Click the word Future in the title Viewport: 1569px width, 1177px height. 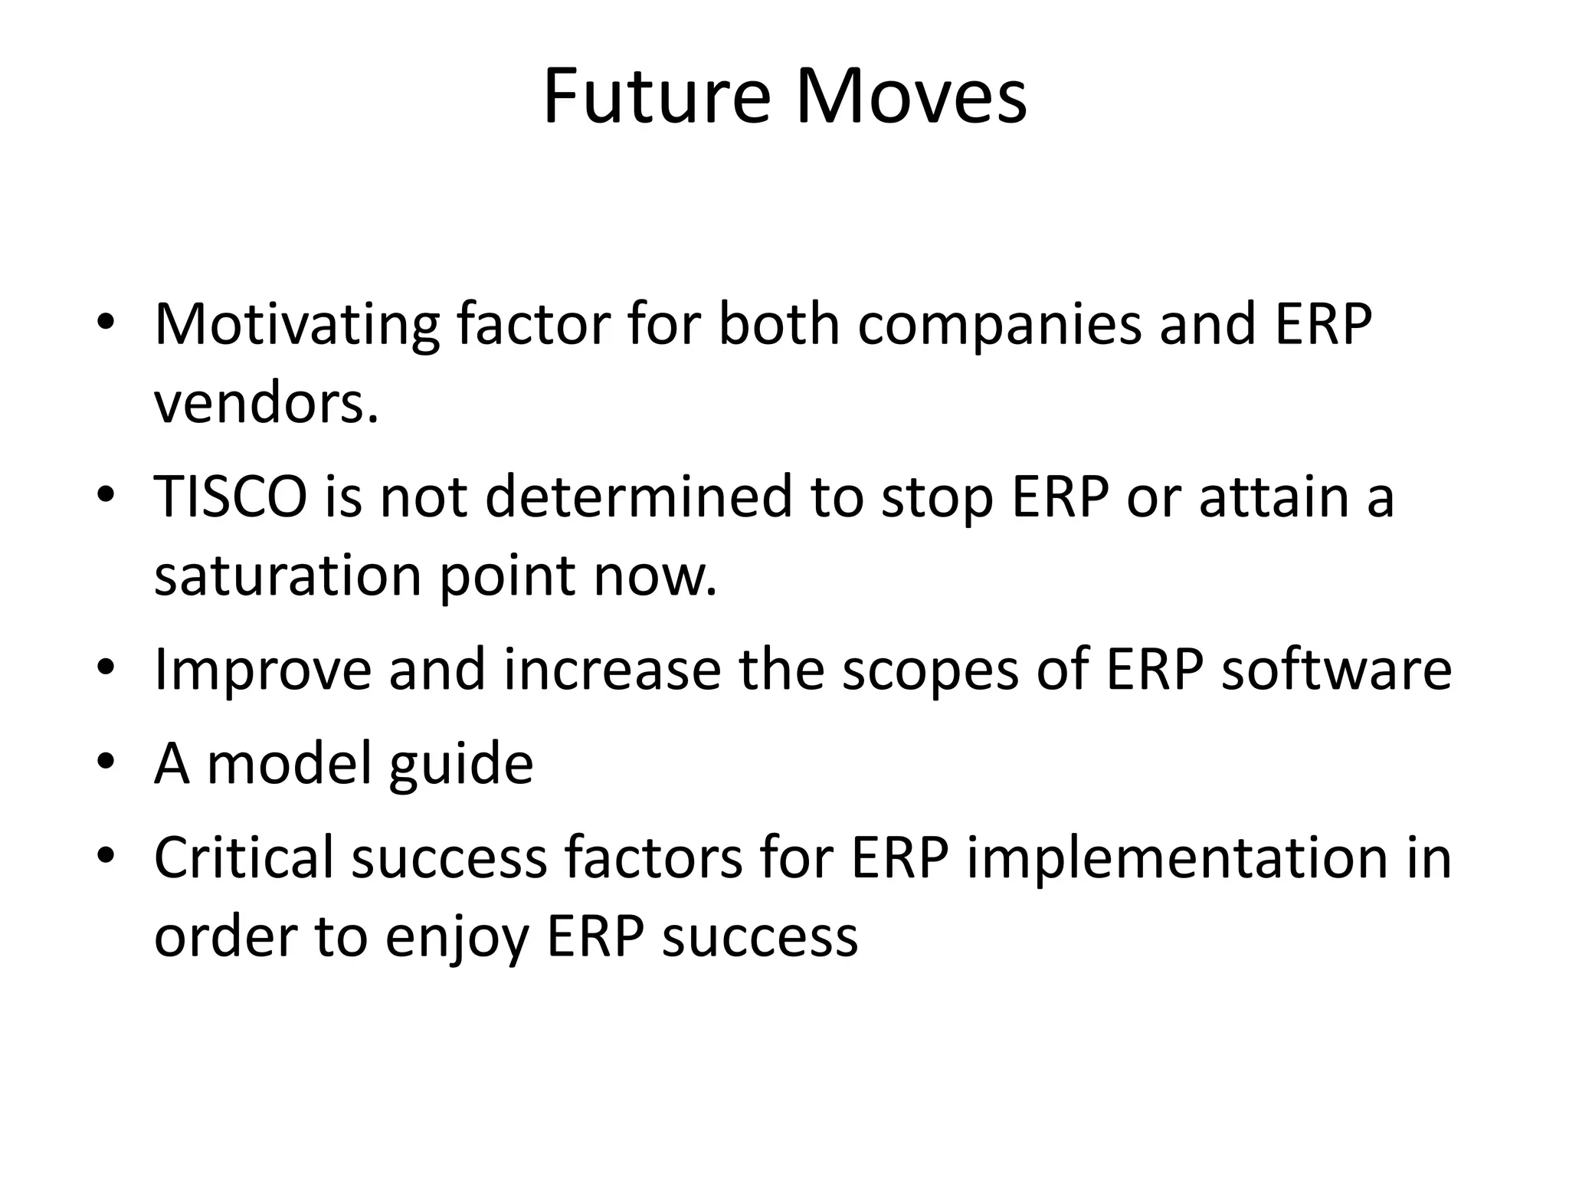656,97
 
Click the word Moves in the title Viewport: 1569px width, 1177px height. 911,97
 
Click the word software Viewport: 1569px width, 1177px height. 1335,669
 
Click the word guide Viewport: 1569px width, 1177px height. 460,763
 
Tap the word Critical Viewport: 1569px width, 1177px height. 244,857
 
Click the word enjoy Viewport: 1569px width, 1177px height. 457,938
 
